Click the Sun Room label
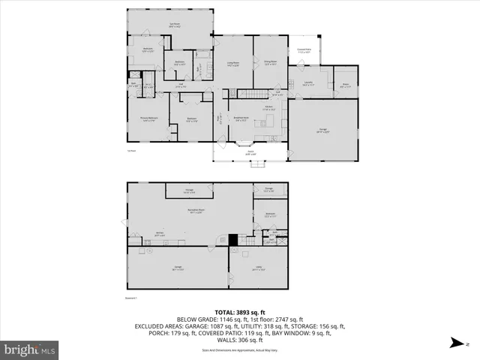[174, 25]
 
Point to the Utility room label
[258, 266]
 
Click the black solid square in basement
[233, 239]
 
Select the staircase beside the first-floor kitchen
[253, 93]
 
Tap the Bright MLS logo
[30, 349]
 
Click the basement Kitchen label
[159, 234]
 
